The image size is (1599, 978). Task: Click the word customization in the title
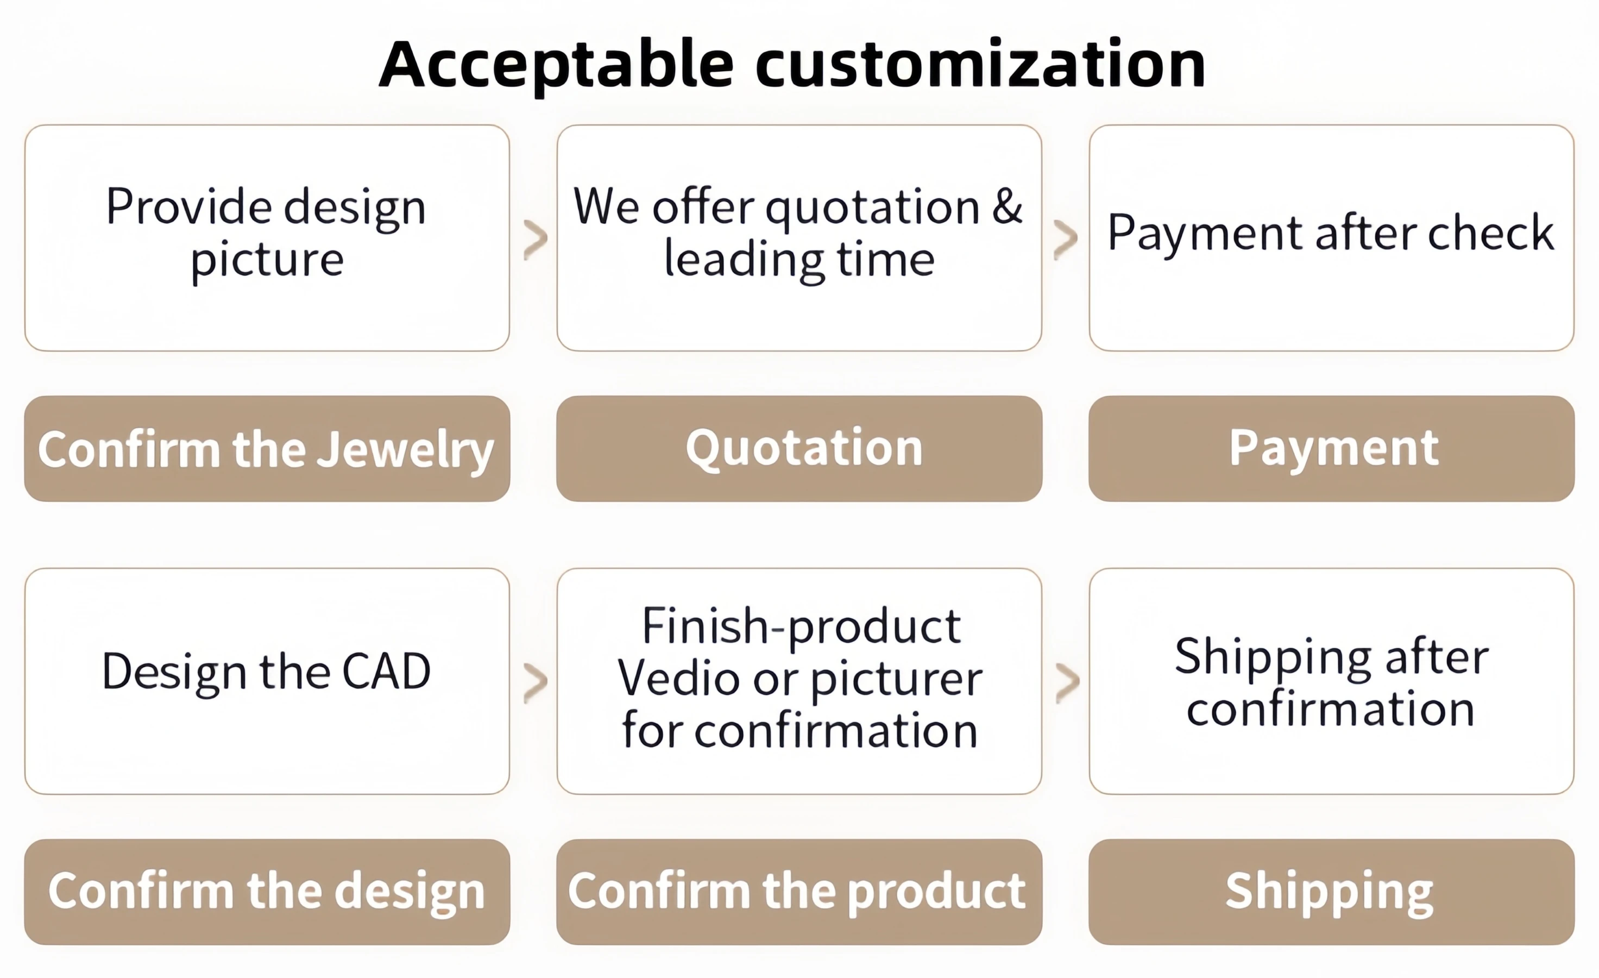[980, 65]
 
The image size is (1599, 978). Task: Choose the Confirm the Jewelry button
[266, 448]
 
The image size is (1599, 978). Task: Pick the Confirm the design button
[266, 892]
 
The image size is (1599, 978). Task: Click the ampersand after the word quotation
[1007, 206]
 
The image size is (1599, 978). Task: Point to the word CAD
[386, 671]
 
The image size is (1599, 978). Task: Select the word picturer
[897, 680]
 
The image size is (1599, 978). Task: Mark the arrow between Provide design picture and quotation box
[536, 239]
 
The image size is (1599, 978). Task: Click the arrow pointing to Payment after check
[1066, 239]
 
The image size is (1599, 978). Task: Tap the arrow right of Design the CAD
[536, 683]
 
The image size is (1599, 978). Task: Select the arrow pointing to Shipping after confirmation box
[1067, 683]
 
